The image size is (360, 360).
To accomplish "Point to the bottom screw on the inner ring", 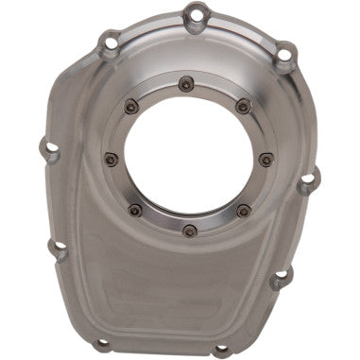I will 190,229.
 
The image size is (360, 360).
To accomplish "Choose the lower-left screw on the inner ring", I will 135,209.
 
